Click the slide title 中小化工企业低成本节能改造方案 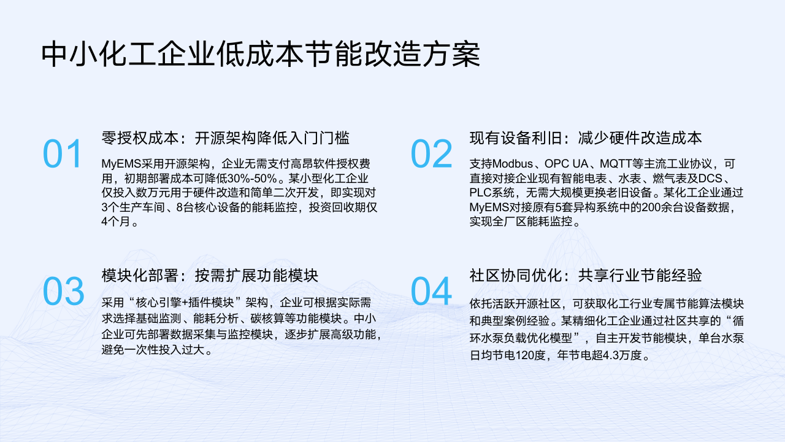[x=261, y=55]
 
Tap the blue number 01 [x=63, y=154]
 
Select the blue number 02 [x=431, y=154]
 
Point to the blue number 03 [x=63, y=291]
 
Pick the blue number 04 [x=431, y=291]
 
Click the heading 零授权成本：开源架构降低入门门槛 [x=225, y=138]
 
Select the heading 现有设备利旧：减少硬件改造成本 [x=586, y=138]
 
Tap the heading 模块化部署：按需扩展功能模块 [x=210, y=276]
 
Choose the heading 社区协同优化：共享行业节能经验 [x=586, y=276]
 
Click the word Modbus [x=512, y=164]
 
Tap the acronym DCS [x=710, y=179]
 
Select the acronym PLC [x=481, y=193]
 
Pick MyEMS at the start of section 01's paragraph [x=121, y=164]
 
